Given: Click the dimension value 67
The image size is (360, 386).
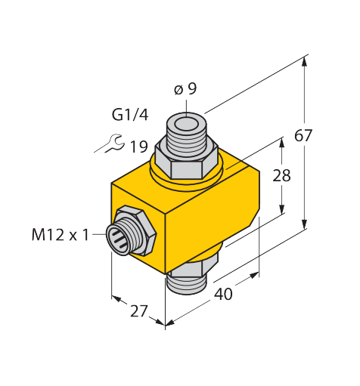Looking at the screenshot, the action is (x=303, y=135).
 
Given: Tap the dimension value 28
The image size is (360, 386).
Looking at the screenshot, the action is (x=281, y=175).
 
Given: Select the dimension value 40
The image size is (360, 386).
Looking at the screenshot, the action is (x=223, y=294).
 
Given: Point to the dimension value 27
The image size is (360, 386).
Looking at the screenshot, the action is (x=138, y=311).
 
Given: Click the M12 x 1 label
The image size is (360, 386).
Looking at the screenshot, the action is (x=61, y=235).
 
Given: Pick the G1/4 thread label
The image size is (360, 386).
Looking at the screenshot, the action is (x=130, y=115).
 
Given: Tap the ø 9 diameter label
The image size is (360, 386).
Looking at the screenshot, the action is (x=185, y=89).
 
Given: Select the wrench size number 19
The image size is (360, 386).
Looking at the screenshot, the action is (x=138, y=147).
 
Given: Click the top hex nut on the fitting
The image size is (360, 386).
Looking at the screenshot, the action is (x=186, y=162).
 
